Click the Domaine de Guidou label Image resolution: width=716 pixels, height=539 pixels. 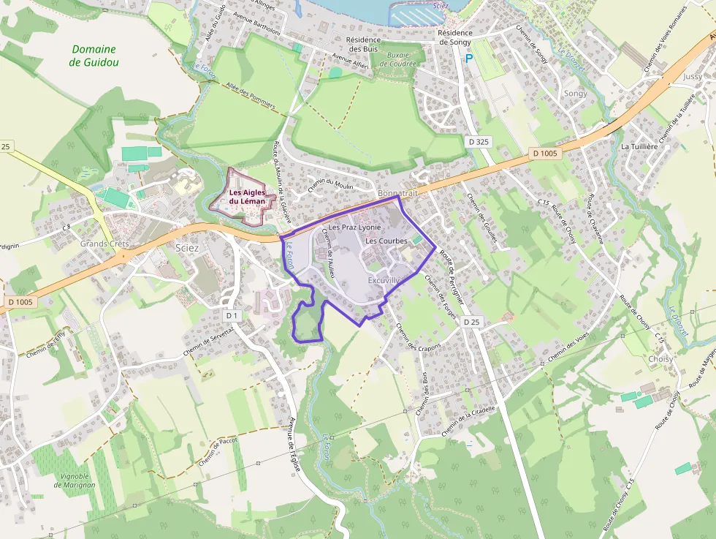94,56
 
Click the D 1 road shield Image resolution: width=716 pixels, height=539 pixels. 232,315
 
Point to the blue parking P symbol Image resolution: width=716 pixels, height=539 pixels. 469,59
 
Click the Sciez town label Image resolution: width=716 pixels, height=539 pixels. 188,249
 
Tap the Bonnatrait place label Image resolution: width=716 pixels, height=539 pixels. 398,192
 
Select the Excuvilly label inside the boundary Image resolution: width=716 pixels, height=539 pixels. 385,280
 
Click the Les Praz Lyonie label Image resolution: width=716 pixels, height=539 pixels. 355,227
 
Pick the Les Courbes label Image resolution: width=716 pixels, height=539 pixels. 386,241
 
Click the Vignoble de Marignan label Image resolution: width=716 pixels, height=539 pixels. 75,480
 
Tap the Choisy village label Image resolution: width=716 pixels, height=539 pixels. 660,359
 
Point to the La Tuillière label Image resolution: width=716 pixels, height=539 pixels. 639,146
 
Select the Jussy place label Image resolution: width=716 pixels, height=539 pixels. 692,76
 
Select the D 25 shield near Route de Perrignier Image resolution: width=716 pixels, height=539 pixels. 472,322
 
